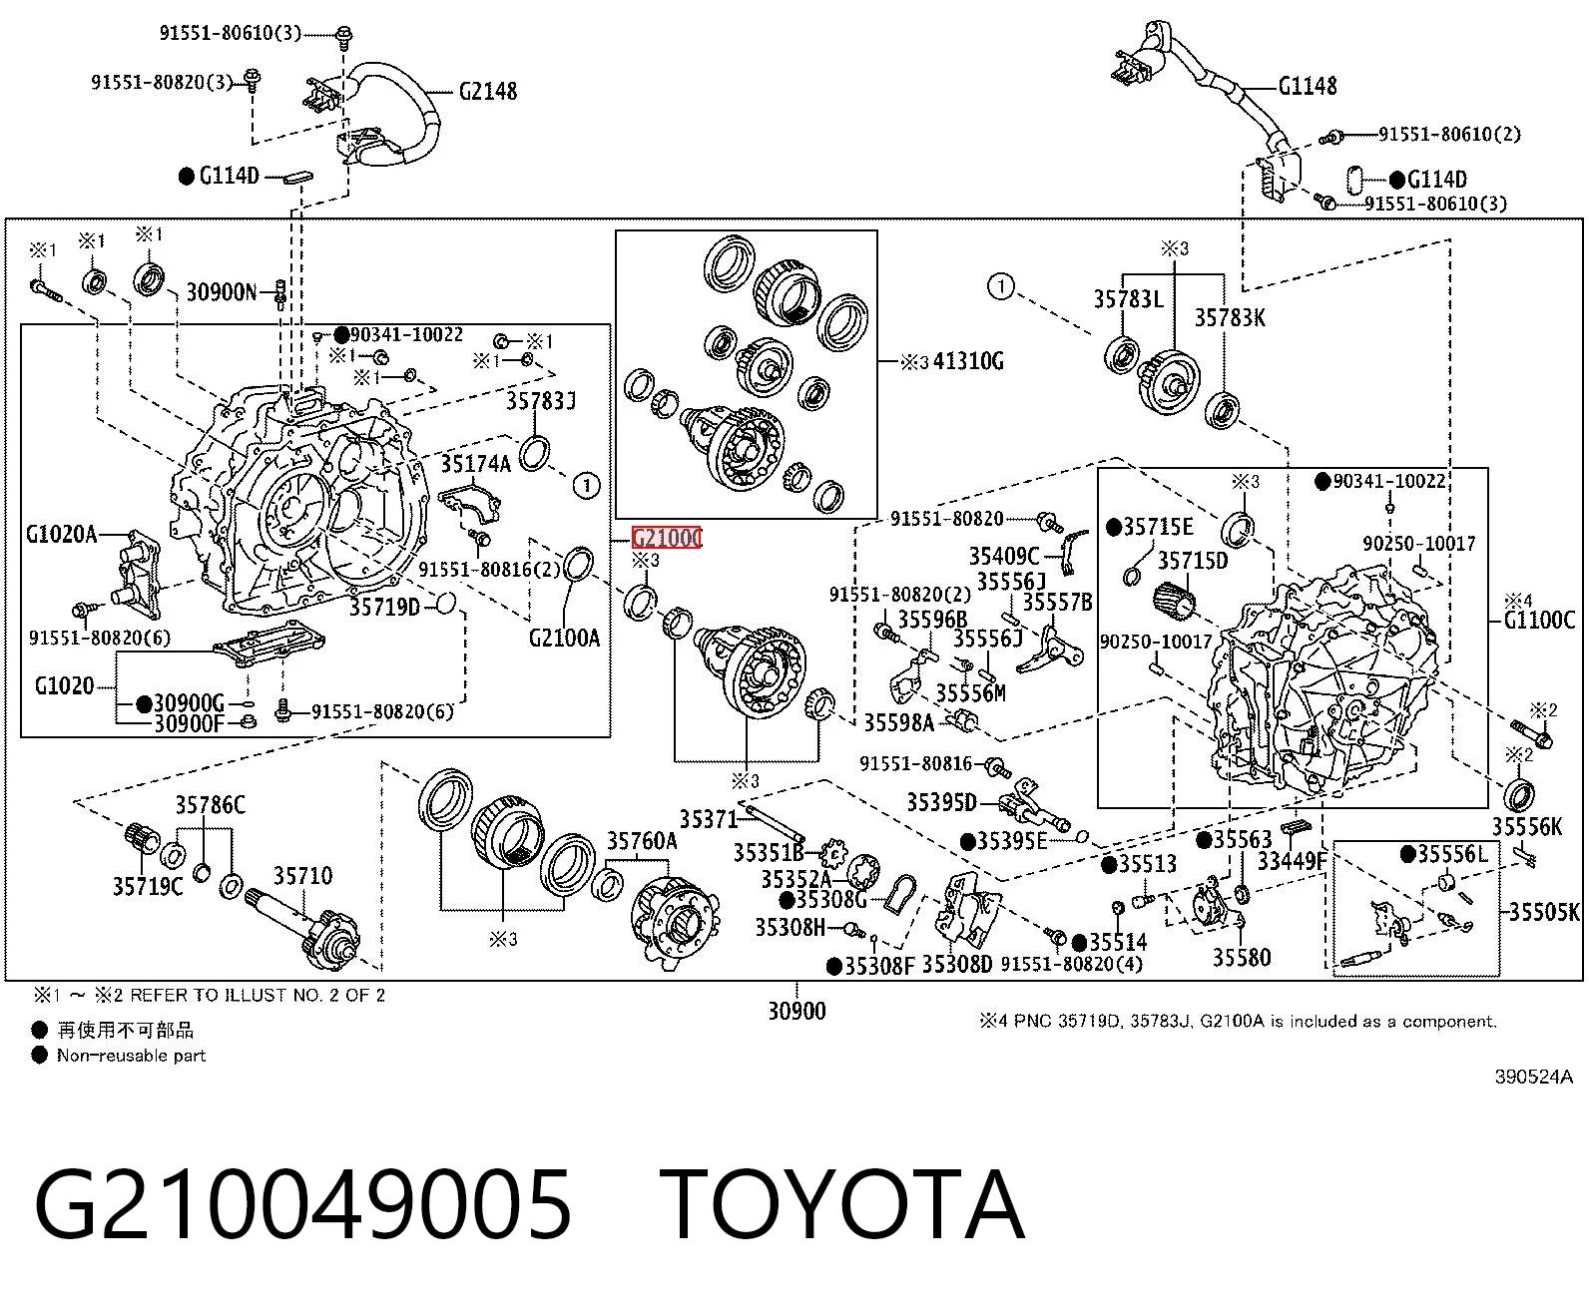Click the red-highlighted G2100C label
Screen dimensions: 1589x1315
(x=666, y=538)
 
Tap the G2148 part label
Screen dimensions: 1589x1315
(x=488, y=92)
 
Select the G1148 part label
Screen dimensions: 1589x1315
(x=1308, y=86)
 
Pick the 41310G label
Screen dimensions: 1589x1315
(x=968, y=361)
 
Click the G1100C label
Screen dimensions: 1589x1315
(x=1539, y=620)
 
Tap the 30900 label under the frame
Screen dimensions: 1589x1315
(x=796, y=1011)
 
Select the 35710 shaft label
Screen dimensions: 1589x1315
(x=302, y=876)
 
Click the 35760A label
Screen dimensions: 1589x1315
(x=642, y=841)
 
